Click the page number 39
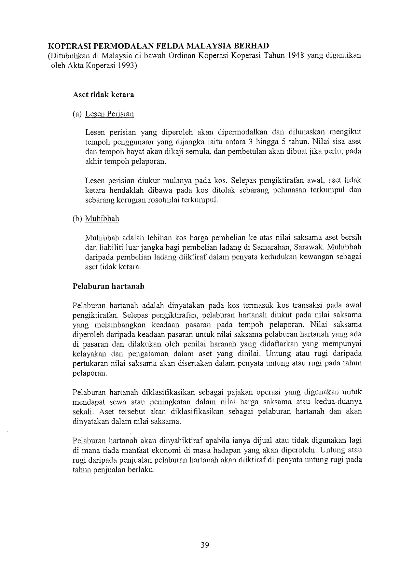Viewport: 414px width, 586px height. click(205, 545)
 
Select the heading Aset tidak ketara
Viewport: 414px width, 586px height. click(103, 95)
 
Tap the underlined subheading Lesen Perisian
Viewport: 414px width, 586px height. click(109, 114)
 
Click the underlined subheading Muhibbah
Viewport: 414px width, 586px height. click(102, 218)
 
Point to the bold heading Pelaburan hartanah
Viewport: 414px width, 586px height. click(108, 286)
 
